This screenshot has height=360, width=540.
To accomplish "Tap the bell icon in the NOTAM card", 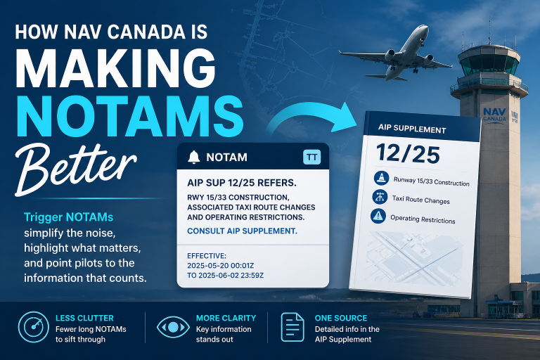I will pyautogui.click(x=194, y=157).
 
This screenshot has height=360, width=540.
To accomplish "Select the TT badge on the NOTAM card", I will pyautogui.click(x=310, y=157).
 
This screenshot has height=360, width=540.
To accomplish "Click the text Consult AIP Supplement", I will pyautogui.click(x=242, y=231).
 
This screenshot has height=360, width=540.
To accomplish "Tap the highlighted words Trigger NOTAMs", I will pyautogui.click(x=64, y=216).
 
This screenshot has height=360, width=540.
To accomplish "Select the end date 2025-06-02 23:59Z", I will pyautogui.click(x=226, y=276).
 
